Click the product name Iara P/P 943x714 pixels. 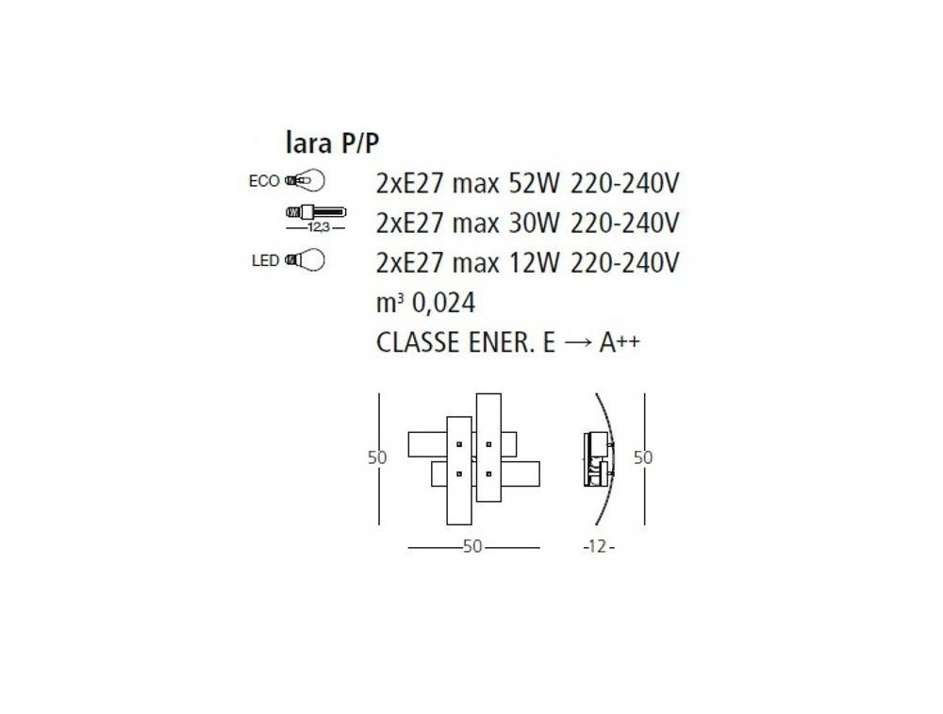(332, 143)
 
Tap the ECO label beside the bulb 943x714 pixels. (264, 181)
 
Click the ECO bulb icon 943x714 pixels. (305, 180)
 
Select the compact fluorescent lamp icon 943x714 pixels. (316, 211)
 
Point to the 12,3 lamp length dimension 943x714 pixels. (316, 228)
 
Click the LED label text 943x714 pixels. (265, 260)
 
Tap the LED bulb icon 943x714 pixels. (305, 260)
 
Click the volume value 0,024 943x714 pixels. (444, 303)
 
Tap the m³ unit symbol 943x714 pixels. (389, 303)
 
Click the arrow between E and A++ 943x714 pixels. (577, 343)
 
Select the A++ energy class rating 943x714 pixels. (620, 341)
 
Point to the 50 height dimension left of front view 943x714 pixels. (377, 457)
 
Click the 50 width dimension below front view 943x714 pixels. (472, 547)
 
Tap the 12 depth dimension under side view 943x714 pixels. (596, 547)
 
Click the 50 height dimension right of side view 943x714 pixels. (643, 457)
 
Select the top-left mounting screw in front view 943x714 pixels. (459, 444)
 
